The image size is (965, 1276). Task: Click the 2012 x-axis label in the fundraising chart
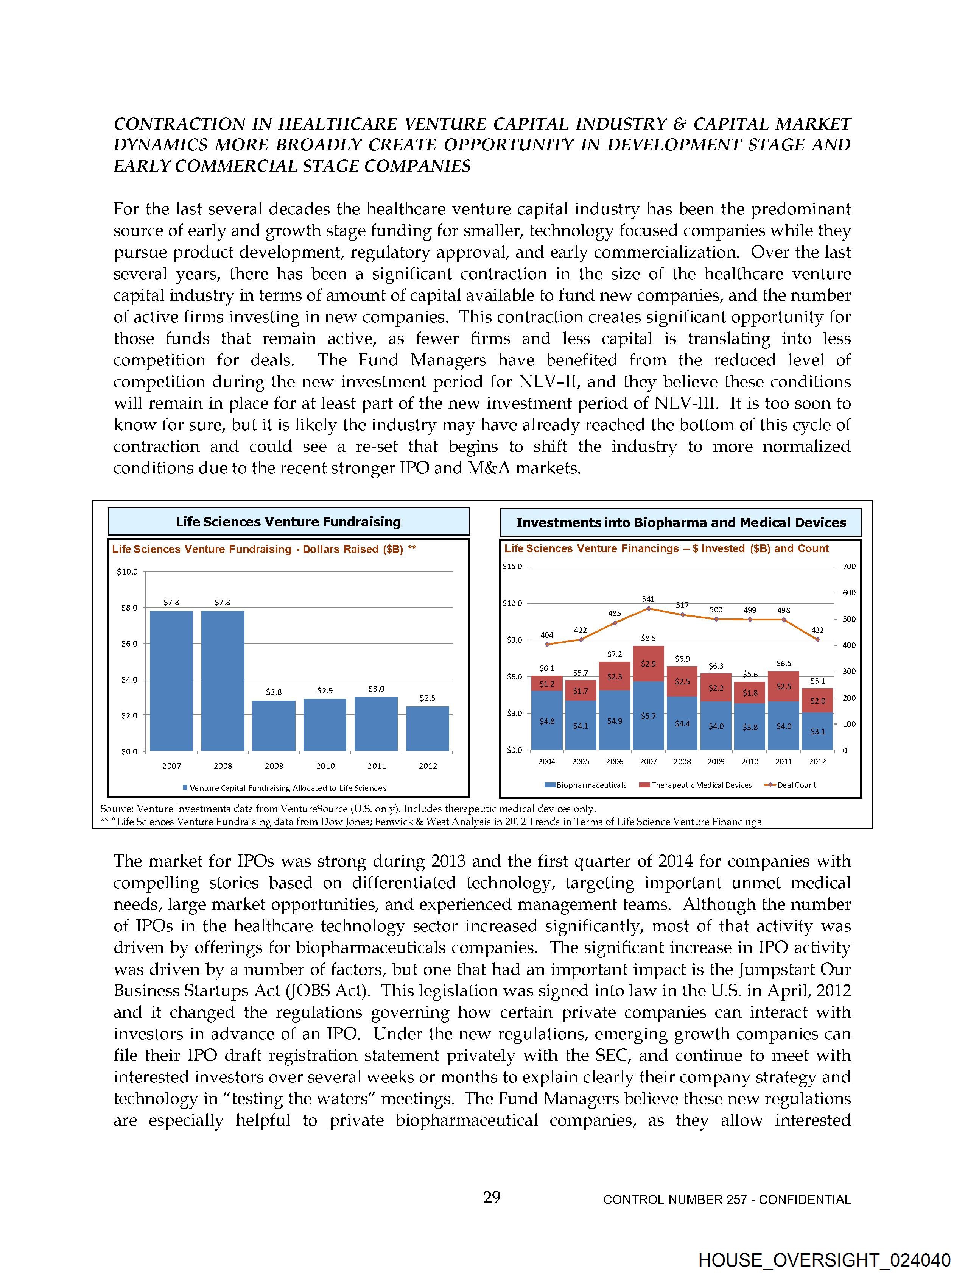click(x=428, y=766)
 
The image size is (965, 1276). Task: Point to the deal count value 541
click(x=648, y=599)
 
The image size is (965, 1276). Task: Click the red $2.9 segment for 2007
click(x=649, y=664)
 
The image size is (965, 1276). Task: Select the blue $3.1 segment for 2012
click(x=817, y=731)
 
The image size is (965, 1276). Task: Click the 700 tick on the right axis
click(x=849, y=567)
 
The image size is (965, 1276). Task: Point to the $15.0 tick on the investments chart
click(x=512, y=567)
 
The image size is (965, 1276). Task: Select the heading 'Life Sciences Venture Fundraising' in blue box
click(x=288, y=522)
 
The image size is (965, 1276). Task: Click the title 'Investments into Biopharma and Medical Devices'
click(x=681, y=523)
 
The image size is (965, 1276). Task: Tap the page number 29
click(x=492, y=1198)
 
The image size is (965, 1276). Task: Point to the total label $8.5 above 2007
click(x=649, y=639)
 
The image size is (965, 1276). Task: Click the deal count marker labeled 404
click(x=547, y=644)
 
